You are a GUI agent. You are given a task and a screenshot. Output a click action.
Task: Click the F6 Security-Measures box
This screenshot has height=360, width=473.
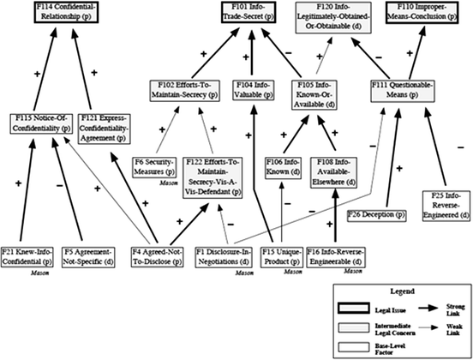(x=156, y=164)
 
